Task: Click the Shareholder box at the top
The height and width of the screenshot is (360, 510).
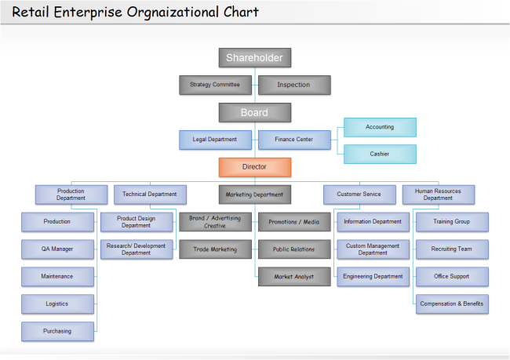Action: tap(254, 57)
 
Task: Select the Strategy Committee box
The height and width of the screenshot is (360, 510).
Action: tap(215, 85)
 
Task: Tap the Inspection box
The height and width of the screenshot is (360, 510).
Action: tap(293, 85)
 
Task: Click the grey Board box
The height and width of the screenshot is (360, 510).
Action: tap(254, 113)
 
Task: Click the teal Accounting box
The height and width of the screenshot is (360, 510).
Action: tap(380, 127)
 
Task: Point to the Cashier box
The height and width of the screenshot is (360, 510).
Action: tap(380, 154)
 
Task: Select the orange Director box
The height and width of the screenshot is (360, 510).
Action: tap(254, 167)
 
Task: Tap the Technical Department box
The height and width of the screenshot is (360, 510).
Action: tap(150, 194)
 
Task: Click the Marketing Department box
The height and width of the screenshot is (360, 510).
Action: tap(254, 194)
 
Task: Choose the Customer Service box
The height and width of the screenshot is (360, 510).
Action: tap(359, 194)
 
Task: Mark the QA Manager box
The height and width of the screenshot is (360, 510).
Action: tap(57, 249)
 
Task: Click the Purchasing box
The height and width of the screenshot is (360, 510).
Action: tap(57, 331)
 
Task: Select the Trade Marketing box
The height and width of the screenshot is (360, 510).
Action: tap(215, 249)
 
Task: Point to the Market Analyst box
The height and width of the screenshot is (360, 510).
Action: tap(293, 277)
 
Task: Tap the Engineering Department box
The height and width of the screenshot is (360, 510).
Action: tap(373, 277)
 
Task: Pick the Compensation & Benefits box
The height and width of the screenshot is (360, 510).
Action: tap(451, 304)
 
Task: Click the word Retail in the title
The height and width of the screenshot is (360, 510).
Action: tap(31, 13)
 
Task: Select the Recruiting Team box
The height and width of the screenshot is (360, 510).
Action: tap(451, 249)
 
